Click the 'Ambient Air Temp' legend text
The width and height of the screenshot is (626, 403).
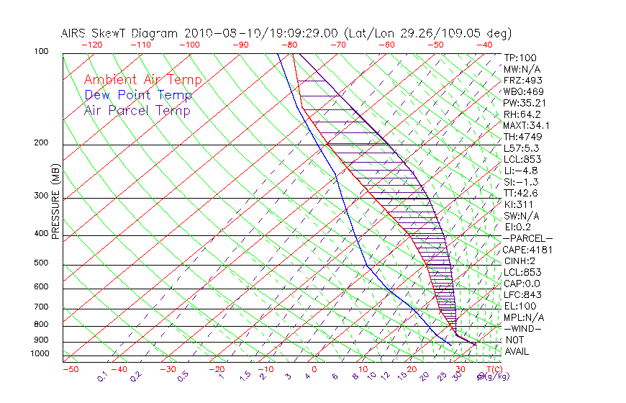tap(142, 80)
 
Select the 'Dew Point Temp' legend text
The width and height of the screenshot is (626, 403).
tap(137, 95)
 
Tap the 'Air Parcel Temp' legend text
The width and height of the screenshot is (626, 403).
tap(137, 110)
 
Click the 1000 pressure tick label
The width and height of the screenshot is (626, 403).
tap(40, 353)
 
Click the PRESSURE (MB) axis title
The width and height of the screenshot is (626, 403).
tap(55, 201)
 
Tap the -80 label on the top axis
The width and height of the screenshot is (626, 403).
tap(290, 44)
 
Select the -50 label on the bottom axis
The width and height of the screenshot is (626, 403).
tap(70, 369)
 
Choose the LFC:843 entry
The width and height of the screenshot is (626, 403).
tap(522, 295)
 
